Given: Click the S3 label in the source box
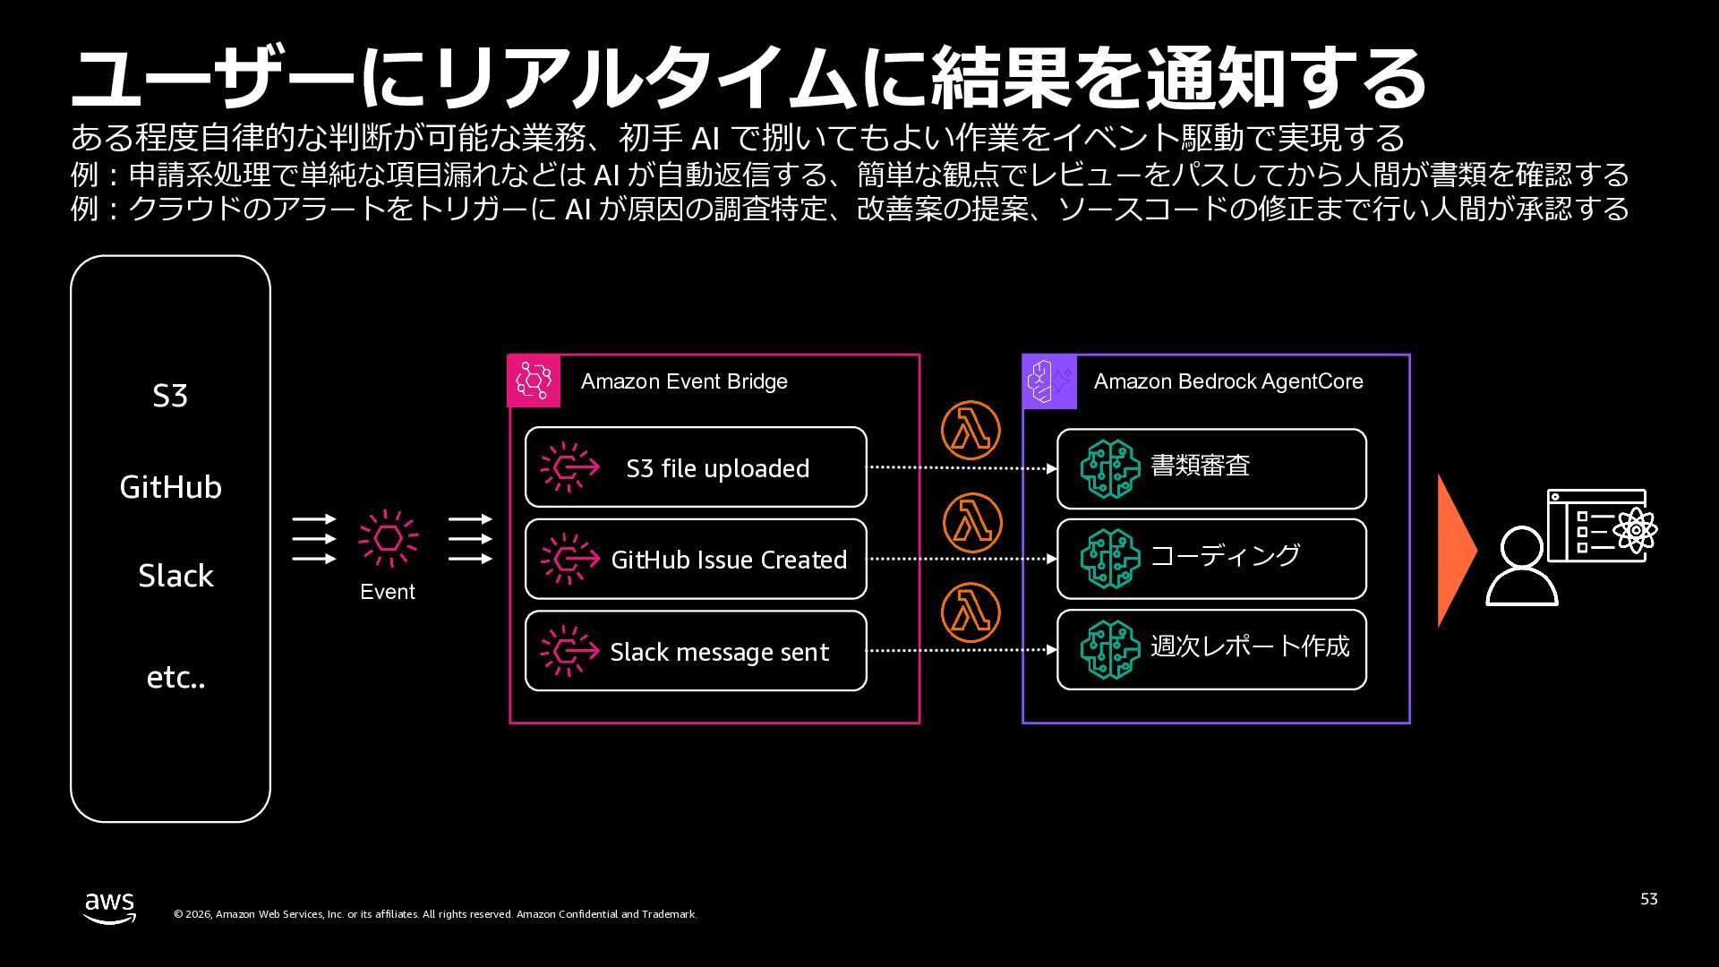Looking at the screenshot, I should (170, 396).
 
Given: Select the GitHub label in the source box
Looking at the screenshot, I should (170, 487).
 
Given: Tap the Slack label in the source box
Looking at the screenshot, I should (175, 576).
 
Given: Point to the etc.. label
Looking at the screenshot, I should (175, 678).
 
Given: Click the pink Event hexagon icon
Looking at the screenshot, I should (388, 538).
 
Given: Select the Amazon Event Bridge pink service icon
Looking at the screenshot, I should (534, 381).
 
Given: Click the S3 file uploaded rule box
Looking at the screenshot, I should (696, 467).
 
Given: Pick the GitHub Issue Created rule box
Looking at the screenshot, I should (696, 560).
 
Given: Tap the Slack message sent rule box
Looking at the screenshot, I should (696, 651).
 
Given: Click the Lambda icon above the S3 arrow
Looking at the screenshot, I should (971, 431).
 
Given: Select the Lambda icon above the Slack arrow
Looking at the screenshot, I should (971, 613).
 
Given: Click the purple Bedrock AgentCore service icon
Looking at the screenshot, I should (1049, 381).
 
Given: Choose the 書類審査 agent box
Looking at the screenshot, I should (1211, 468).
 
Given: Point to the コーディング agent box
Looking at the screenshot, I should (1211, 559).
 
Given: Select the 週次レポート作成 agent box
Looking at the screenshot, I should (1211, 650).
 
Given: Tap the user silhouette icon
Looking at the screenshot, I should (1521, 567).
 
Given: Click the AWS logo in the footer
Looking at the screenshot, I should (110, 907).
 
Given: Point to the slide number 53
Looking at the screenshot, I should (1649, 899).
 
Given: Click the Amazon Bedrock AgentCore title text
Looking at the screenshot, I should (1228, 381).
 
